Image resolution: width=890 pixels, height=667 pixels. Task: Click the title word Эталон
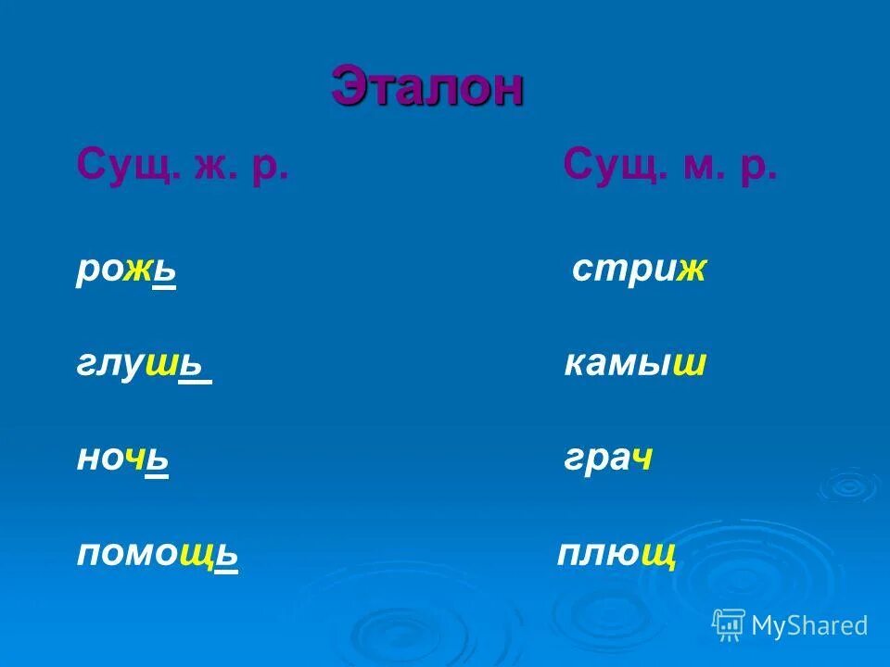(x=427, y=89)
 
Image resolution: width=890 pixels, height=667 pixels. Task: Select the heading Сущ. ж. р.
(x=184, y=168)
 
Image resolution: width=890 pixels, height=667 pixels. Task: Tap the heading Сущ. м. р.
(x=669, y=168)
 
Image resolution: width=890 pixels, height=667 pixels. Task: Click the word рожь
(x=126, y=271)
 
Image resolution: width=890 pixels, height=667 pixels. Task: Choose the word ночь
(x=122, y=459)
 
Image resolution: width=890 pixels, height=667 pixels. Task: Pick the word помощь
(x=158, y=555)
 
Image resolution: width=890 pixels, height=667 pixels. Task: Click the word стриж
(x=640, y=271)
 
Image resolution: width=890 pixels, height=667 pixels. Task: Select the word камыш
(x=636, y=365)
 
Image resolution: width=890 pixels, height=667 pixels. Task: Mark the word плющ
(x=616, y=555)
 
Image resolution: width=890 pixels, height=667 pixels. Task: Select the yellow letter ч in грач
(x=642, y=459)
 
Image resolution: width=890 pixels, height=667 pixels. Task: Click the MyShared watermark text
(x=809, y=625)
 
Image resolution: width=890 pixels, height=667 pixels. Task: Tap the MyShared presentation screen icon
(x=729, y=624)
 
